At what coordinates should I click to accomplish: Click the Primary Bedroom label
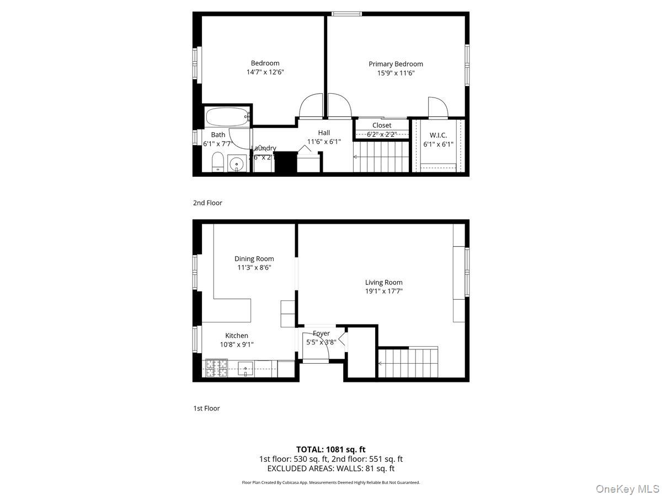tap(396, 64)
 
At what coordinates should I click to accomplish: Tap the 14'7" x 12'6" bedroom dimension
tap(265, 72)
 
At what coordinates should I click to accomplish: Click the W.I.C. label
tap(438, 135)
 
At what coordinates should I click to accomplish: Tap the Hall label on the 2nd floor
tap(324, 133)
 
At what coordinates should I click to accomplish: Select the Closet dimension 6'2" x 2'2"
tap(382, 134)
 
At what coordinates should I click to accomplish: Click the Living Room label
tap(383, 283)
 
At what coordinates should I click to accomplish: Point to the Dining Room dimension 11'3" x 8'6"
tap(254, 268)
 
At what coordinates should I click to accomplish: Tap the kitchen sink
tap(245, 369)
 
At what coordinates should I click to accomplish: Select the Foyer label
tap(321, 333)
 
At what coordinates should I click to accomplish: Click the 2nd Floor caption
tap(207, 203)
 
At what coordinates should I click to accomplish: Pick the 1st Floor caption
tap(206, 408)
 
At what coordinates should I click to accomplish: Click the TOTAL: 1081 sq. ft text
tap(330, 450)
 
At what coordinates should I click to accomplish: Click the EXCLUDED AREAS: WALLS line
tap(330, 468)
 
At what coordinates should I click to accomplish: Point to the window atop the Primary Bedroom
tap(347, 13)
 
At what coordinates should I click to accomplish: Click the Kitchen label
tap(236, 336)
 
